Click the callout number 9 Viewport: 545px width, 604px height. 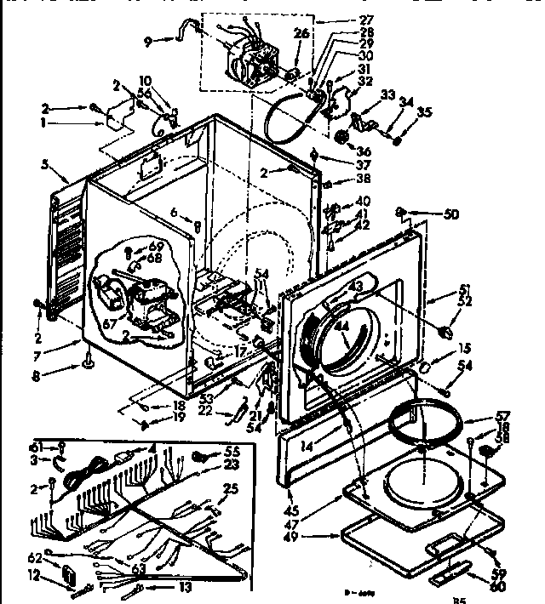[147, 39]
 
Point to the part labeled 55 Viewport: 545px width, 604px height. [202, 456]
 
